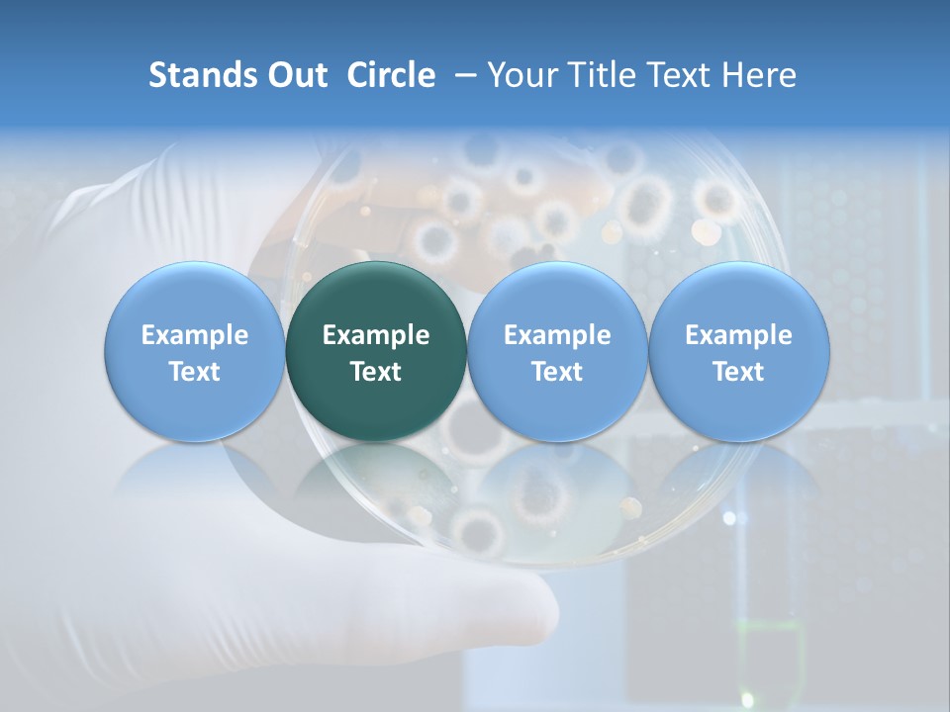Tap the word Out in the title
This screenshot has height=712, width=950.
tap(296, 76)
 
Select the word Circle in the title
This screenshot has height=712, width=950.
tap(391, 76)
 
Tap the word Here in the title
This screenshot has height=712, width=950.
tap(759, 76)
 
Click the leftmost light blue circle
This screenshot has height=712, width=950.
tap(194, 351)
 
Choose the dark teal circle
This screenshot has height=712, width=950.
tap(376, 351)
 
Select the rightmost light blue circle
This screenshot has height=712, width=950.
tap(738, 351)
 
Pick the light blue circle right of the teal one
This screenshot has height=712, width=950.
tap(557, 351)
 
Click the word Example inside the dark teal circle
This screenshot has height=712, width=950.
tap(376, 335)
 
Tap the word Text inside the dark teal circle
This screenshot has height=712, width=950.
tap(376, 372)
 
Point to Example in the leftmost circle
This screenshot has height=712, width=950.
tap(194, 335)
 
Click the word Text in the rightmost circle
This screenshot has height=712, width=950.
tap(738, 372)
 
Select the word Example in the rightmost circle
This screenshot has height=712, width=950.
tap(738, 335)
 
